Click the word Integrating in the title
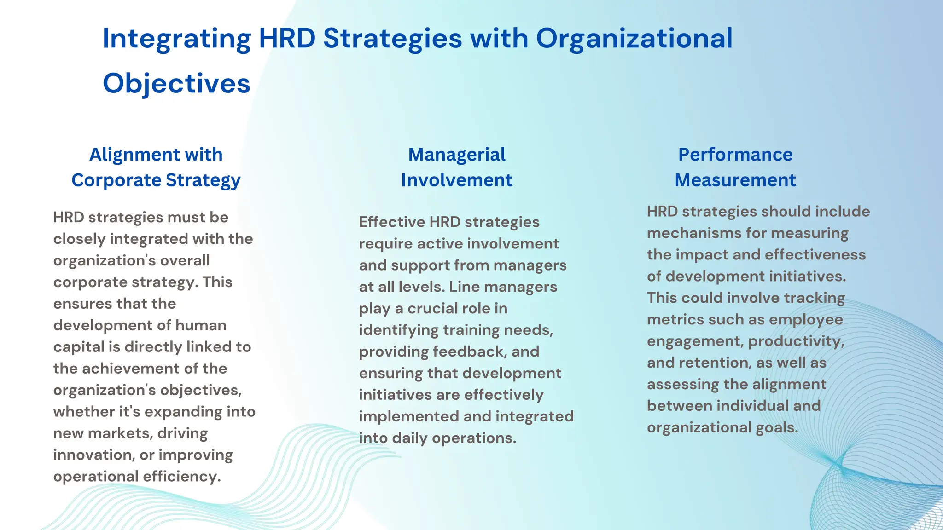pos(176,39)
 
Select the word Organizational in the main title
pos(634,39)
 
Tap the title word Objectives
pos(176,84)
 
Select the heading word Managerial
pos(456,155)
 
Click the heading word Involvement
pos(456,180)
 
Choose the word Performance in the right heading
pos(735,155)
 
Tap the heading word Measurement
pos(735,180)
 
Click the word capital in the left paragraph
pos(79,347)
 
